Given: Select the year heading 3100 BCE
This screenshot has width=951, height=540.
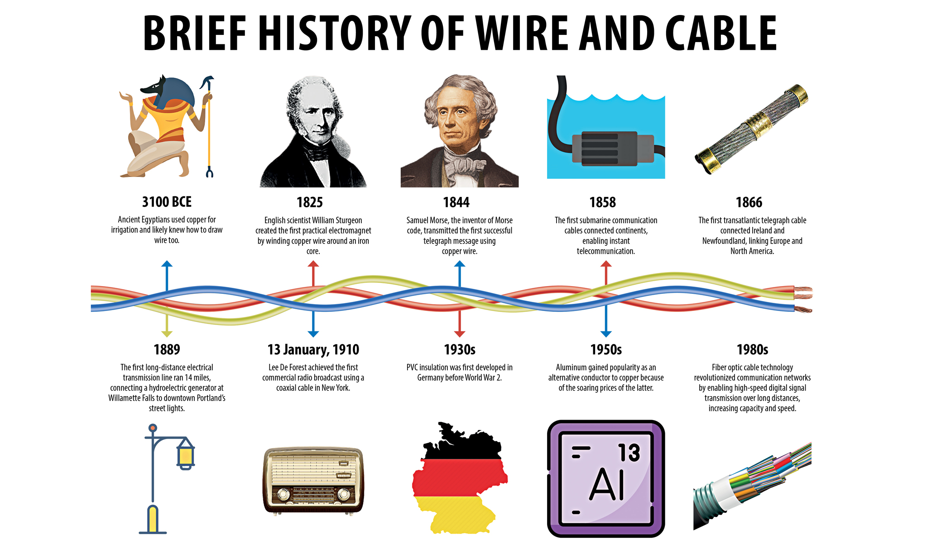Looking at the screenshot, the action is point(167,201).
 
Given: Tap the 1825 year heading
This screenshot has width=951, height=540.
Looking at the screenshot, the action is point(310,202).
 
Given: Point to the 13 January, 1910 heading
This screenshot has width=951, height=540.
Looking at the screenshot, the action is point(313,349).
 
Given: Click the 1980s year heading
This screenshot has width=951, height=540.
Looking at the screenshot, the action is point(752,349).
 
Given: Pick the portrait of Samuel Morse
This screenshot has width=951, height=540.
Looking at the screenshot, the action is point(459,131).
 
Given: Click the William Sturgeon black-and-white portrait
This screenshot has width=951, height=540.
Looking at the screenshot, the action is point(313,131).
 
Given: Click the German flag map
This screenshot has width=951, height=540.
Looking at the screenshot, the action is point(459,478).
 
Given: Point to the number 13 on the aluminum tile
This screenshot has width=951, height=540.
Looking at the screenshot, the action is point(629,452).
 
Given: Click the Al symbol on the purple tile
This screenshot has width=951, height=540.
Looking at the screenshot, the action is point(607,484).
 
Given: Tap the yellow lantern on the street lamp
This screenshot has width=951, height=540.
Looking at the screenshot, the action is point(186,454).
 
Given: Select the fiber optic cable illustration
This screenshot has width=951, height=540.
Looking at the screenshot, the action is point(752,486).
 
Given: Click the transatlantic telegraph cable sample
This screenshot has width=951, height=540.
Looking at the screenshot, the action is point(752,129).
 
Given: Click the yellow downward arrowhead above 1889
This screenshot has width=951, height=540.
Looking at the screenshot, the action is point(167,334).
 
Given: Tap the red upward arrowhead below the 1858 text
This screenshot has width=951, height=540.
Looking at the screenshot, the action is point(606,264).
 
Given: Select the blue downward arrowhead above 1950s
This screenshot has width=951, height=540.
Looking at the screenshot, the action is point(606,334).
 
